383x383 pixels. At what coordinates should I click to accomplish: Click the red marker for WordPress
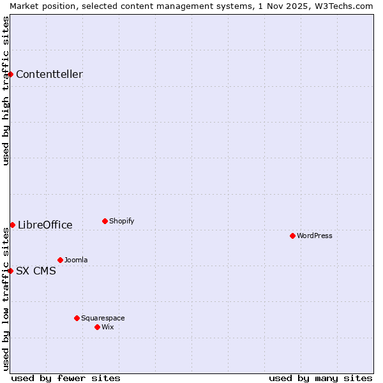pos(292,236)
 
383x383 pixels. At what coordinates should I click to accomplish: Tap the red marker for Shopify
pos(105,221)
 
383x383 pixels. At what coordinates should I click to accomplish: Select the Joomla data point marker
pos(60,260)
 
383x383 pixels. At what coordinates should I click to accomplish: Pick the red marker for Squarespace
pos(77,318)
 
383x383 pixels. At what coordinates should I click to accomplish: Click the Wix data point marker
pos(97,327)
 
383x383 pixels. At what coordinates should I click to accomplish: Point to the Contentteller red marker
pos(10,74)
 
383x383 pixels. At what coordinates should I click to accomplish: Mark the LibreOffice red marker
pos(12,225)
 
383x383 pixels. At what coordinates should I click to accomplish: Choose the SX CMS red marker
pos(10,271)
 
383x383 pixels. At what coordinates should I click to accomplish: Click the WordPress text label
pos(315,236)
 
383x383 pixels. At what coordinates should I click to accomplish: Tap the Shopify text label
pos(122,221)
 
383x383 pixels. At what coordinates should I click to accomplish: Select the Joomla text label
pos(76,260)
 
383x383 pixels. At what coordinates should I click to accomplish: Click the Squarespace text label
pos(103,318)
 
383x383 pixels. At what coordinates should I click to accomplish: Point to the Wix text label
pos(108,327)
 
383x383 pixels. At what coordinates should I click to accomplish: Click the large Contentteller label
pos(49,74)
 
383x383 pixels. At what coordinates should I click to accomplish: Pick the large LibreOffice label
pos(45,225)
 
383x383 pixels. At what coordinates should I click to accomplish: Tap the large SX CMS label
pos(36,271)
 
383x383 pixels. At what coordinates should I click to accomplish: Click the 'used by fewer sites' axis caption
pos(66,378)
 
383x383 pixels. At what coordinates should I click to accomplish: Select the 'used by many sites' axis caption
pos(320,378)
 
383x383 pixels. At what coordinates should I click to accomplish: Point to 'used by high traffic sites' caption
pos(6,91)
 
